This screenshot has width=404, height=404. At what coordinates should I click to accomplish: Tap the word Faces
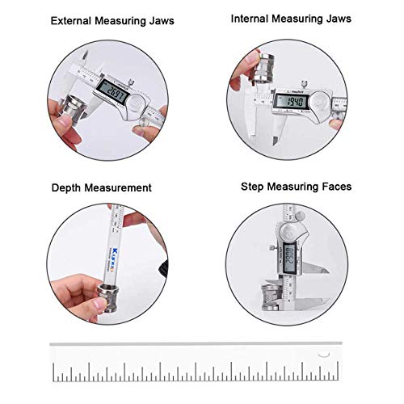point(335,186)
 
